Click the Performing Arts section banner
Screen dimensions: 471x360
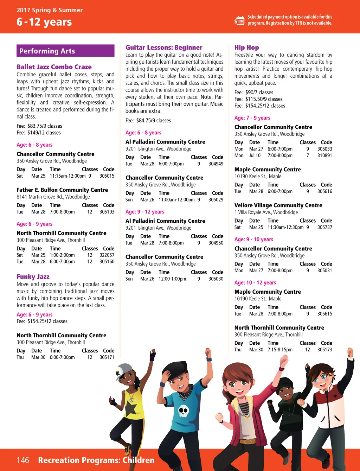tap(65, 51)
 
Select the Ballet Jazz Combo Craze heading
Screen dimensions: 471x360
tap(54, 67)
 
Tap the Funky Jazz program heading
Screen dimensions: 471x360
tap(33, 276)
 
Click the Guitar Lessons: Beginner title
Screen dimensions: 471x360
tap(164, 47)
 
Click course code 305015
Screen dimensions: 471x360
tap(107, 176)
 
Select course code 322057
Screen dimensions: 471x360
tap(107, 255)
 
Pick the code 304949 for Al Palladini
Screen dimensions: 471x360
tap(216, 164)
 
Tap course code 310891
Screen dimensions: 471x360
tap(324, 155)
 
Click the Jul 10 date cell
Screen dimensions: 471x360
tap(255, 155)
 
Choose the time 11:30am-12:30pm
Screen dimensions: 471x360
tap(285, 227)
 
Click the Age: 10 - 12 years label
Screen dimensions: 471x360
tap(255, 282)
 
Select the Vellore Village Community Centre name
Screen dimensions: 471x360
tap(278, 205)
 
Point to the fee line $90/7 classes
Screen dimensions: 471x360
tap(254, 92)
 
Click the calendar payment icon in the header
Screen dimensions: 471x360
tap(239, 20)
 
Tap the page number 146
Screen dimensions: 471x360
tap(23, 460)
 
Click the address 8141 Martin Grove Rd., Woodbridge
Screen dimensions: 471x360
tap(53, 197)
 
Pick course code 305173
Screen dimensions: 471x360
tap(324, 350)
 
